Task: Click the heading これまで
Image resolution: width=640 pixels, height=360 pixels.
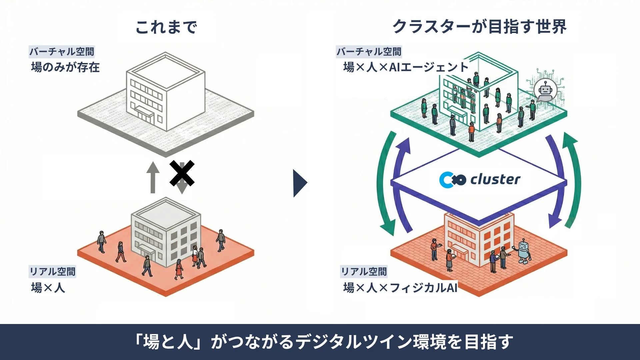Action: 166,27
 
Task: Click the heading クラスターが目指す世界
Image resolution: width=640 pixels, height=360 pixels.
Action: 479,27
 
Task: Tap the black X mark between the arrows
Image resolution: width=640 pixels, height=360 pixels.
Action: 182,173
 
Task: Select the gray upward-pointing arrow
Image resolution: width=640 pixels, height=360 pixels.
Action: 153,177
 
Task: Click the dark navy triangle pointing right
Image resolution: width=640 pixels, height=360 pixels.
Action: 300,183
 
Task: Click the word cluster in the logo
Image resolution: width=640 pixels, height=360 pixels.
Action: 495,180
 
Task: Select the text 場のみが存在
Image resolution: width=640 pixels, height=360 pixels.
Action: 65,67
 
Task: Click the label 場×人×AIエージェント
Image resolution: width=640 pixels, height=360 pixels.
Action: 406,67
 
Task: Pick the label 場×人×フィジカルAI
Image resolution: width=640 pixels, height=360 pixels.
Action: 400,287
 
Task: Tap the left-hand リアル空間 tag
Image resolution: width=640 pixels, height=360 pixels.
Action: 53,272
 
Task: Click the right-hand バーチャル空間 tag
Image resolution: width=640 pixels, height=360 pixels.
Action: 369,52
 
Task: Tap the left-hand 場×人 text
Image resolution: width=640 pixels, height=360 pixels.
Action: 48,287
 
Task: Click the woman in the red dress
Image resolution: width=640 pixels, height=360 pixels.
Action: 179,269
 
